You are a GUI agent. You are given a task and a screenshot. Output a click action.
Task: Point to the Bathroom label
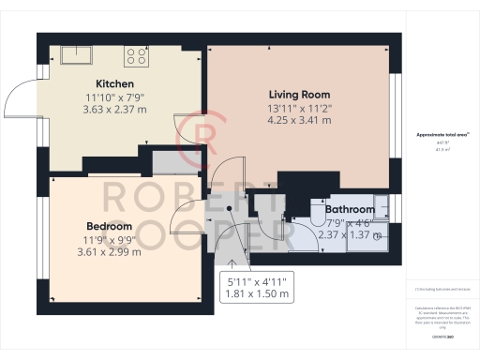click(x=350, y=209)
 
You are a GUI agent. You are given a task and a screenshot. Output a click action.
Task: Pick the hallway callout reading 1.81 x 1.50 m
click(x=259, y=294)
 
